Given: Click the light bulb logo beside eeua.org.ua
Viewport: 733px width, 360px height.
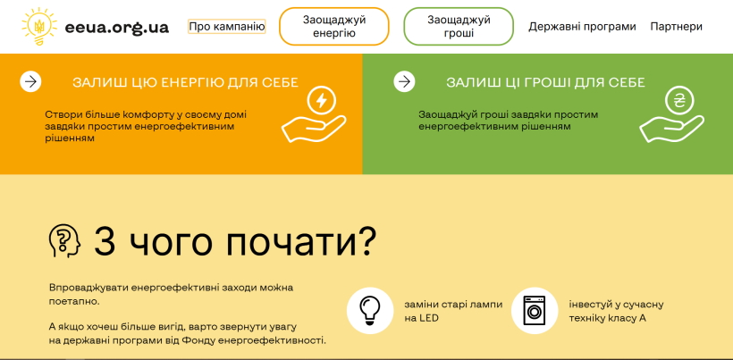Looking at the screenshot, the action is coord(39,26).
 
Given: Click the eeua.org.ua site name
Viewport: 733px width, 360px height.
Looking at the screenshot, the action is coord(117,28).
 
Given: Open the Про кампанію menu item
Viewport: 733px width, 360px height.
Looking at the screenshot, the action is coord(227,27).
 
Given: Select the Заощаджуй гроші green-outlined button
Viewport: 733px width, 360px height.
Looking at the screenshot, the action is coord(459,26).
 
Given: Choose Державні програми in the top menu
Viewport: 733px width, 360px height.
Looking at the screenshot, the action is coord(582,27).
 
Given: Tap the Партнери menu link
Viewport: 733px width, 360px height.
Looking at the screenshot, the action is coord(676,27).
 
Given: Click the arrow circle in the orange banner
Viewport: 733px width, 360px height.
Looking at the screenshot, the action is coord(31,81).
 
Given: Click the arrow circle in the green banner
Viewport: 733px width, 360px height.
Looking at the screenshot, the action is coord(404,81).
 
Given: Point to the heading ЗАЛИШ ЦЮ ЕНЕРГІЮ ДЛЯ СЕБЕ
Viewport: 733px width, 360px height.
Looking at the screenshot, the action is coord(185,83).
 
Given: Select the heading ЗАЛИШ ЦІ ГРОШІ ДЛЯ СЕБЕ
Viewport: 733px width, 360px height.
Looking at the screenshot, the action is coord(545,83).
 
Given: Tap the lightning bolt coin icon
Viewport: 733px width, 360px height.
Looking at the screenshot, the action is coord(321,101).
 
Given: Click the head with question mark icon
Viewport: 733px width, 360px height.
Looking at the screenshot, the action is coord(65,241).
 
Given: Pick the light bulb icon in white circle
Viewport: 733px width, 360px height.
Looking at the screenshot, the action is coord(370,311).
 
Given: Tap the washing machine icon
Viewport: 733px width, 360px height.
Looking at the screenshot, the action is coord(535,311).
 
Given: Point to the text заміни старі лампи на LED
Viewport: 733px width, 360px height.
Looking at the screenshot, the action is coord(453,311).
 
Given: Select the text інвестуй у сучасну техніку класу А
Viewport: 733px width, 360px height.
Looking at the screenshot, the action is coord(616,311).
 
